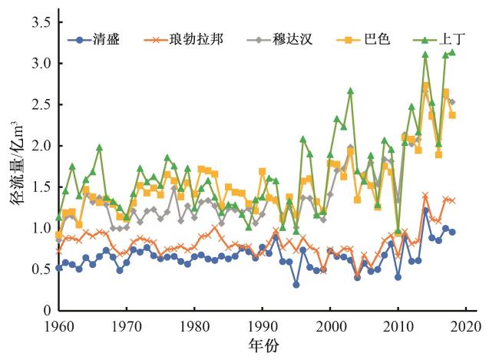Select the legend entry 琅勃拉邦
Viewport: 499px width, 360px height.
(196, 38)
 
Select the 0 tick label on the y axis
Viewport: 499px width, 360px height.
(46, 311)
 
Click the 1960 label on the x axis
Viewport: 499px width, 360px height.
(59, 325)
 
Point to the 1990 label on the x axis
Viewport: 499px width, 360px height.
(263, 325)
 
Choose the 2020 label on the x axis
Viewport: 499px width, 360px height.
(466, 325)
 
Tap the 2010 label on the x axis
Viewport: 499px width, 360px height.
(398, 325)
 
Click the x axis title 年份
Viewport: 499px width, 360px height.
(262, 345)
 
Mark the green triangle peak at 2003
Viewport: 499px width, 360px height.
(350, 91)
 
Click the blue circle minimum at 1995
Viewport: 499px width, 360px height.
(296, 285)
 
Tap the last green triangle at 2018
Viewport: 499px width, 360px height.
(452, 52)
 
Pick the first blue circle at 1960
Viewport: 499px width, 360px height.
(59, 268)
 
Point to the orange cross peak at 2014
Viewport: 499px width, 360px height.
(425, 196)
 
